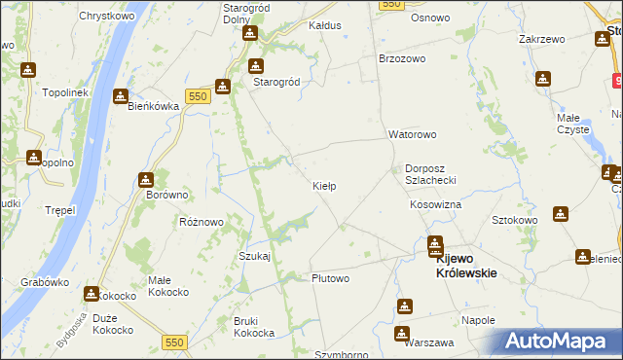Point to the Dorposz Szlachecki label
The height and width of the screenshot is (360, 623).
pos(437,174)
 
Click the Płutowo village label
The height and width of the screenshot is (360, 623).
pos(330,278)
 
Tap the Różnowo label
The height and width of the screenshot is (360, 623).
pos(202,222)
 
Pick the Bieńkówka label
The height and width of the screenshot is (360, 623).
pos(152,107)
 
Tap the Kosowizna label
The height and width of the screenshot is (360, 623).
pos(435,205)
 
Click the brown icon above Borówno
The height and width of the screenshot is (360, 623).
pos(145,179)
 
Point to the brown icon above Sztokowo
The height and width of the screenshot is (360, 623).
pos(561,213)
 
